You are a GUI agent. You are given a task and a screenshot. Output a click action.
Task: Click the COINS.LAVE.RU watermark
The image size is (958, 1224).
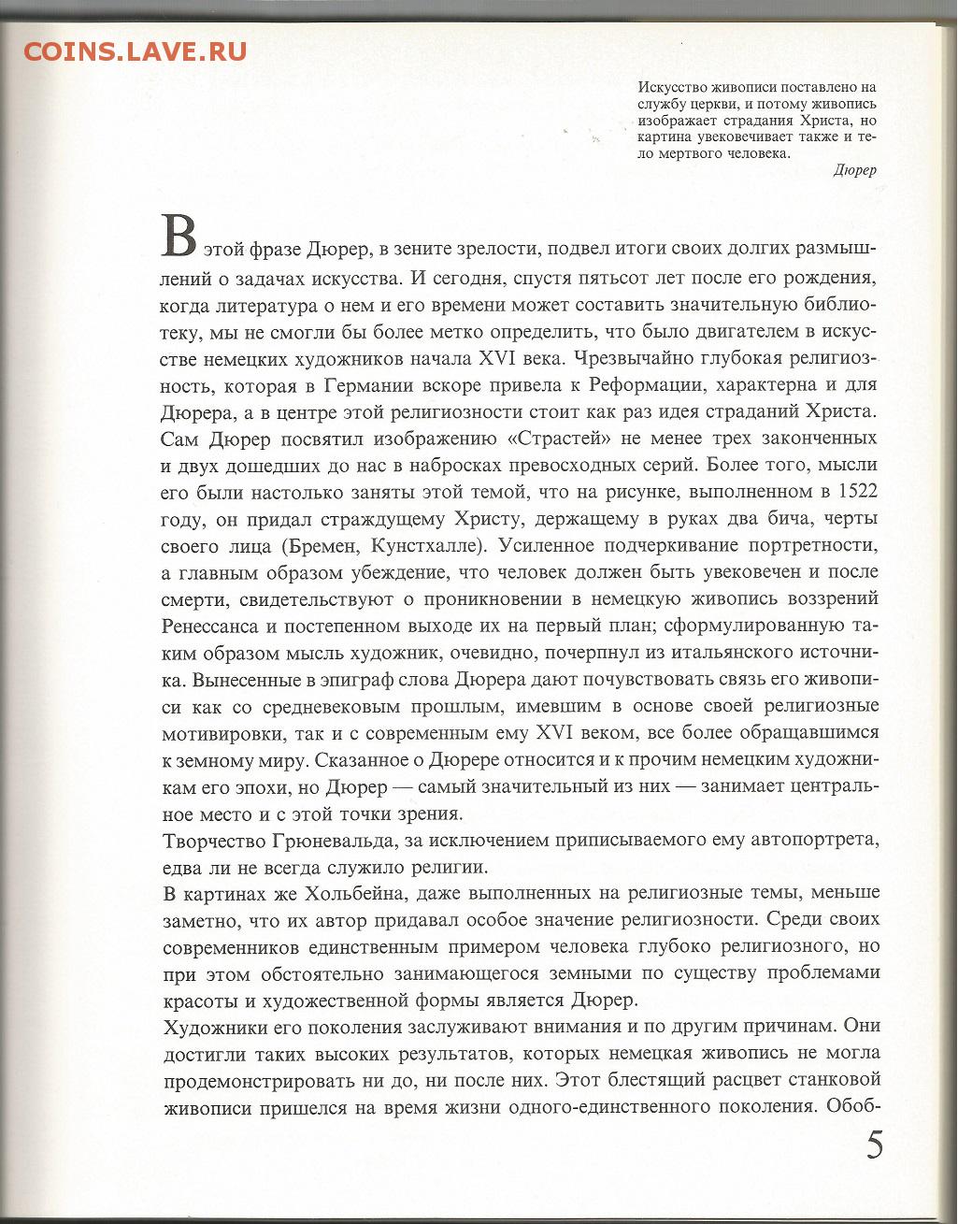pos(136,50)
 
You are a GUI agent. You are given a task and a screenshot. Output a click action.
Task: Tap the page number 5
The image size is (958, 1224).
pos(874,1146)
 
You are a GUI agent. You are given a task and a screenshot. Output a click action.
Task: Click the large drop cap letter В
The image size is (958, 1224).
pos(179,236)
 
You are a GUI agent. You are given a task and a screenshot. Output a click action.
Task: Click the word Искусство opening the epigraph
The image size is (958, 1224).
pos(674,89)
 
